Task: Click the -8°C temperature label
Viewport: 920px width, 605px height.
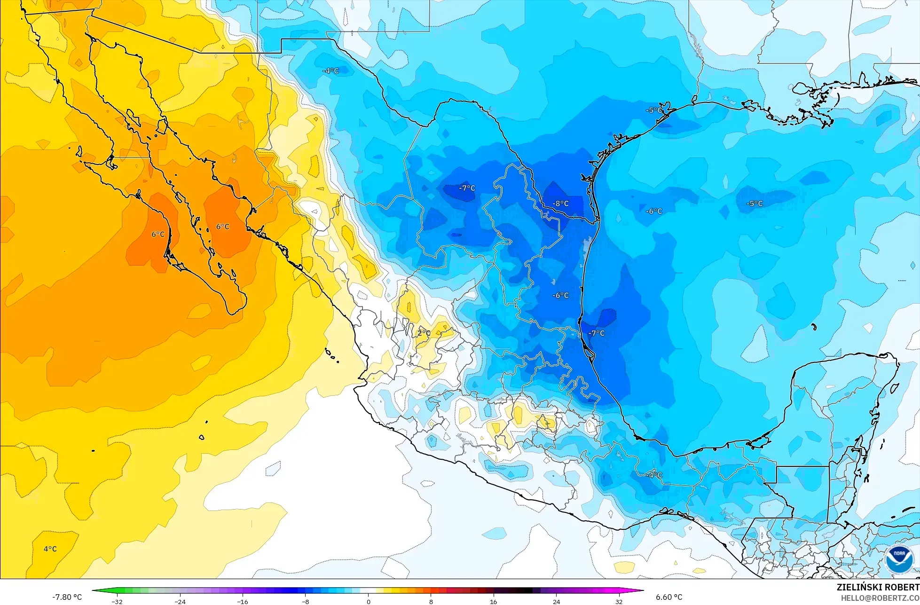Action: pyautogui.click(x=561, y=204)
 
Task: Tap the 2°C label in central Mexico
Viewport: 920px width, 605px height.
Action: pyautogui.click(x=424, y=333)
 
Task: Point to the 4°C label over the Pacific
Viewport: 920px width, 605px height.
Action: pyautogui.click(x=50, y=549)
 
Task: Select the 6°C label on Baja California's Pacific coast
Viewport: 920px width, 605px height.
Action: pyautogui.click(x=158, y=234)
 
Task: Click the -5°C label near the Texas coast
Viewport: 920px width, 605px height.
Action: pyautogui.click(x=654, y=110)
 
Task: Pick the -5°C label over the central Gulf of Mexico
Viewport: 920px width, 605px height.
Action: pyautogui.click(x=755, y=204)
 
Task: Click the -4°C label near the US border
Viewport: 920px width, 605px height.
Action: pyautogui.click(x=330, y=71)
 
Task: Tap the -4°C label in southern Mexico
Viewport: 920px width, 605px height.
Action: pyautogui.click(x=653, y=475)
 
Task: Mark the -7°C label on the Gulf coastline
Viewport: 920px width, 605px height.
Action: pyautogui.click(x=597, y=333)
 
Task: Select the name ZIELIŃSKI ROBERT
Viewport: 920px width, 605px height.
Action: pyautogui.click(x=878, y=587)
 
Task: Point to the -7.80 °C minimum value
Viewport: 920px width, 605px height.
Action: pyautogui.click(x=67, y=597)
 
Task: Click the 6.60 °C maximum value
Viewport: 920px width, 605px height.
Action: pyautogui.click(x=669, y=597)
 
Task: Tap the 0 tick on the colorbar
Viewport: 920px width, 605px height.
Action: pyautogui.click(x=368, y=601)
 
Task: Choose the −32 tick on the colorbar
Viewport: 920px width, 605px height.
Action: pyautogui.click(x=117, y=601)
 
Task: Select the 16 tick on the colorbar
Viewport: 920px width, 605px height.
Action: pyautogui.click(x=494, y=601)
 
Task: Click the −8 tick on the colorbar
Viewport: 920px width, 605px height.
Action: pyautogui.click(x=306, y=601)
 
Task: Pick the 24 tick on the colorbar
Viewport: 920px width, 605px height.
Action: pyautogui.click(x=557, y=601)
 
